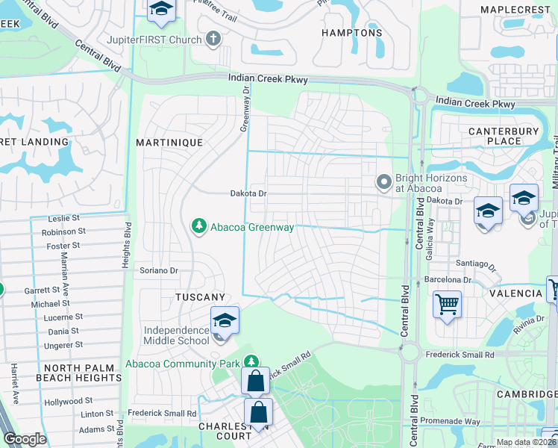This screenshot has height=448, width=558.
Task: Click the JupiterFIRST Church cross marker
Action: coord(213,40)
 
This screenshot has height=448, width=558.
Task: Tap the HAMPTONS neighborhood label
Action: coord(351,33)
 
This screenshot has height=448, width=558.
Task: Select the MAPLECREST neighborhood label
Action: coord(514,9)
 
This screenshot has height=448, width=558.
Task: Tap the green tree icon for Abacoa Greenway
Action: coord(198,226)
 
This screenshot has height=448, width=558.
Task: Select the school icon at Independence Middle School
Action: coord(225,321)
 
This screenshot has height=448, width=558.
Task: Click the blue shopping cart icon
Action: coord(447,304)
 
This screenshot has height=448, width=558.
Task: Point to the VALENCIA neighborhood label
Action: coord(515,293)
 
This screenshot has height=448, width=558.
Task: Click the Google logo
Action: coord(25,439)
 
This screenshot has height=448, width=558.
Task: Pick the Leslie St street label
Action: coord(63,219)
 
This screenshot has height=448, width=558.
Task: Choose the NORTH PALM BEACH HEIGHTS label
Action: coord(82,373)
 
